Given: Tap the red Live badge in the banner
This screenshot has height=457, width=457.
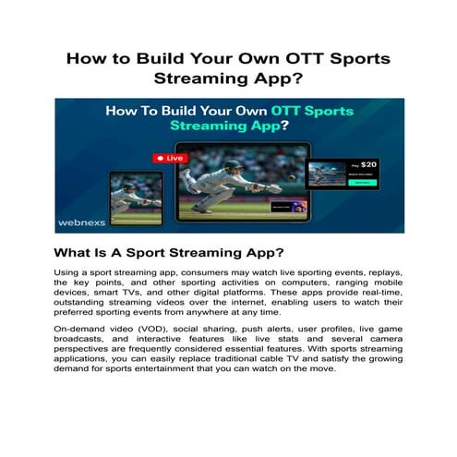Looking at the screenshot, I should point(172,159).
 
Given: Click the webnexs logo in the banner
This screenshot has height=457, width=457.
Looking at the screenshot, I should point(87,222).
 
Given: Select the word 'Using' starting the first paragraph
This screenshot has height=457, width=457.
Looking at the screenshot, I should point(69,274).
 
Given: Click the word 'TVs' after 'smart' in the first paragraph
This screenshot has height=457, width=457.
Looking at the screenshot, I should point(138,295).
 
